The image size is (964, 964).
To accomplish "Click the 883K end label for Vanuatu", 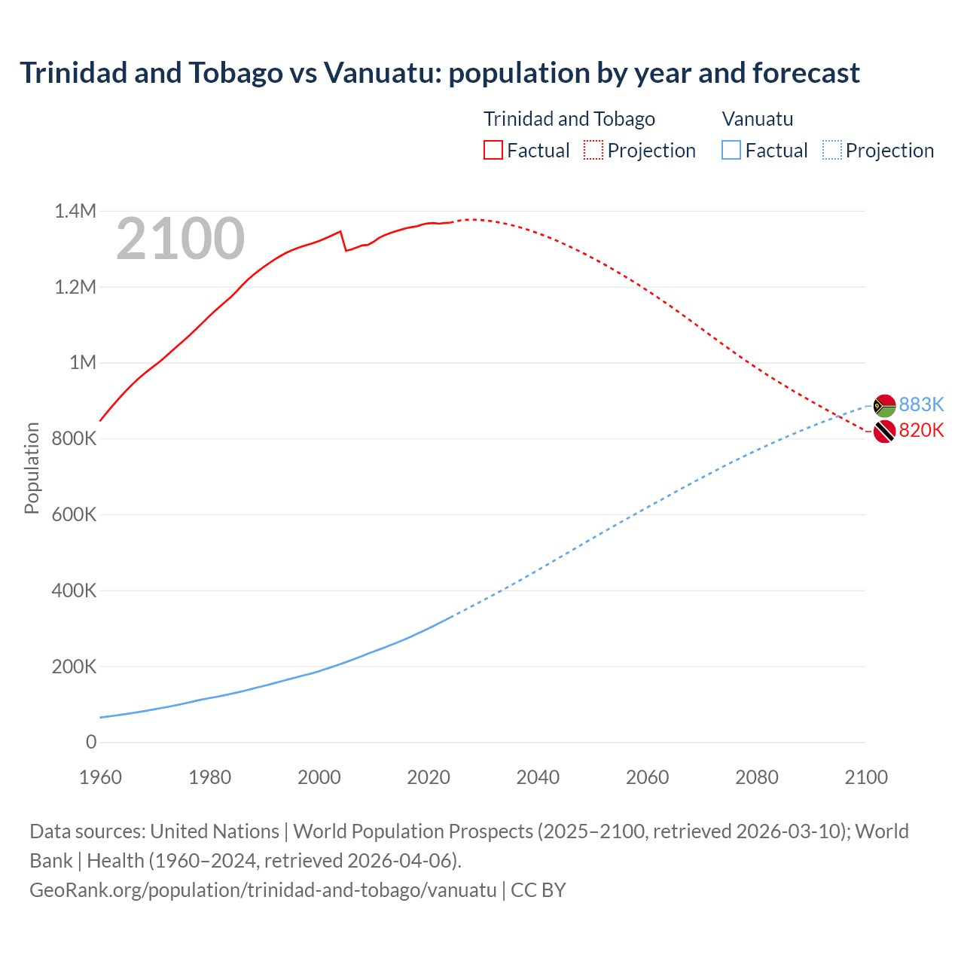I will [921, 405].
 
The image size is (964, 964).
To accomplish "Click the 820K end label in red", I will [921, 431].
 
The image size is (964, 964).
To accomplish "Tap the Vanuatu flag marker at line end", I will [884, 406].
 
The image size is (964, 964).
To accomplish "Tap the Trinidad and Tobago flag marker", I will [884, 432].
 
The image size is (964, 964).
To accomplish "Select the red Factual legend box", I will [493, 151].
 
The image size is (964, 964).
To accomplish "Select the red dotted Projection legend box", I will [593, 151].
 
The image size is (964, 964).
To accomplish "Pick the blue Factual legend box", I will [731, 151].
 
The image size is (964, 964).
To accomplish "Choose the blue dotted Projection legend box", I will [831, 151].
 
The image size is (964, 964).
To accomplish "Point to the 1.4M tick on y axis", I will [75, 212].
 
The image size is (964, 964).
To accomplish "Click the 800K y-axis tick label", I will [74, 439].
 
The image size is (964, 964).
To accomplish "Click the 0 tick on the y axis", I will [91, 743].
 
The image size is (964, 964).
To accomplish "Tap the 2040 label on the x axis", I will [538, 777].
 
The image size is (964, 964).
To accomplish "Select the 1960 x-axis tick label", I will [100, 777].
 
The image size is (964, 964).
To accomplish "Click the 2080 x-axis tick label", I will [756, 777].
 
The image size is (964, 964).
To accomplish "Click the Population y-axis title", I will [32, 468].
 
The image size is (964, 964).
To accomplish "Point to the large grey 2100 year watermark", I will [180, 239].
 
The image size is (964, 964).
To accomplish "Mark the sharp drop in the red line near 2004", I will [343, 241].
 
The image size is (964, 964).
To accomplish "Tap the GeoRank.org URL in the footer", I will [263, 890].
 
